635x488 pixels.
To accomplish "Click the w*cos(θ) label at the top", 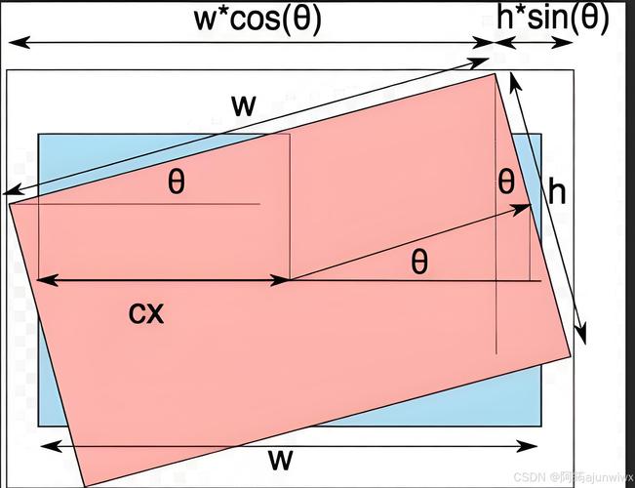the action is pyautogui.click(x=258, y=20).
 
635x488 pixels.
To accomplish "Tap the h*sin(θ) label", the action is pyautogui.click(x=553, y=19).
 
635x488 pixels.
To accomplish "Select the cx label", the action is pyautogui.click(x=146, y=313).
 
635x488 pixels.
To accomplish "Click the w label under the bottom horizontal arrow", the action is pyautogui.click(x=280, y=460).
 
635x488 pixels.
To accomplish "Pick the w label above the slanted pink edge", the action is pyautogui.click(x=244, y=105).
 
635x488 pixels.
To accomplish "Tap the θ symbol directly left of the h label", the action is pyautogui.click(x=506, y=183).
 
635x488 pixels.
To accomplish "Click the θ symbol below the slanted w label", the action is pyautogui.click(x=177, y=183).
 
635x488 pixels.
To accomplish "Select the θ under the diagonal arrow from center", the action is pyautogui.click(x=419, y=263).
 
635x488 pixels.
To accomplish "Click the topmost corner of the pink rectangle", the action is pyautogui.click(x=495, y=74).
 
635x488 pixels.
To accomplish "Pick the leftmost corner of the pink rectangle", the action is pyautogui.click(x=9, y=203).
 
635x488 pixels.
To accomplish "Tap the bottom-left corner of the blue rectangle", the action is pyautogui.click(x=38, y=426).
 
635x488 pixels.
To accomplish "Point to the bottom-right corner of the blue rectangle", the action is pyautogui.click(x=541, y=426).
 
